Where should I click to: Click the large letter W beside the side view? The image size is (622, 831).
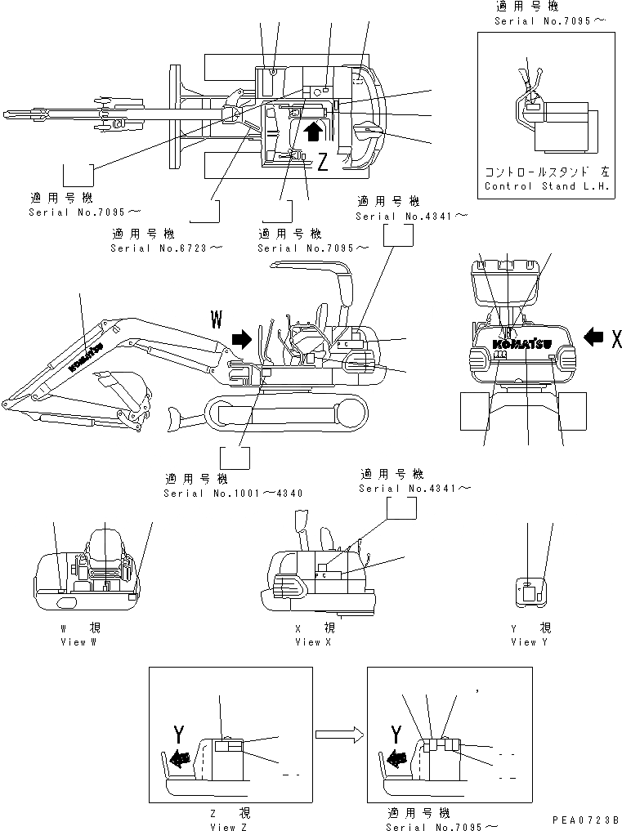(x=217, y=319)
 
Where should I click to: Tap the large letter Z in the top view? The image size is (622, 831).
(x=322, y=163)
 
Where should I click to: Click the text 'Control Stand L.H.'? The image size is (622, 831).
(x=547, y=186)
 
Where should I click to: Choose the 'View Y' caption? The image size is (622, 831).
(x=523, y=642)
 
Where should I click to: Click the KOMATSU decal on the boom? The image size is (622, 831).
(x=84, y=357)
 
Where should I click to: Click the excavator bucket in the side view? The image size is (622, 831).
(x=123, y=392)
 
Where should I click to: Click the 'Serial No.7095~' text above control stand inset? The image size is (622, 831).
(x=549, y=20)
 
